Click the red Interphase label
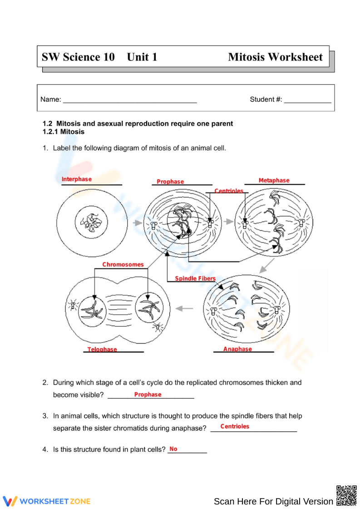76,179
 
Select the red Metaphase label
274,180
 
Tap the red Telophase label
102,349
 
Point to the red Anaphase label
237,349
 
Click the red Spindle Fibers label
195,278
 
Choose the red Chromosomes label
123,264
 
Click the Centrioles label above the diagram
229,191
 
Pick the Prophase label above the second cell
170,182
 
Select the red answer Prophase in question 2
148,395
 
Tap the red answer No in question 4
173,449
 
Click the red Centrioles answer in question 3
235,426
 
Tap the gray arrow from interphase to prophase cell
137,223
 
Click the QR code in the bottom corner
346,495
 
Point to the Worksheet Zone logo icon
10,501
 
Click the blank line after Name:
129,100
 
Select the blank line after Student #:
307,100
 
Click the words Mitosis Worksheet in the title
275,57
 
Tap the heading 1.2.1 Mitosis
64,132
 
